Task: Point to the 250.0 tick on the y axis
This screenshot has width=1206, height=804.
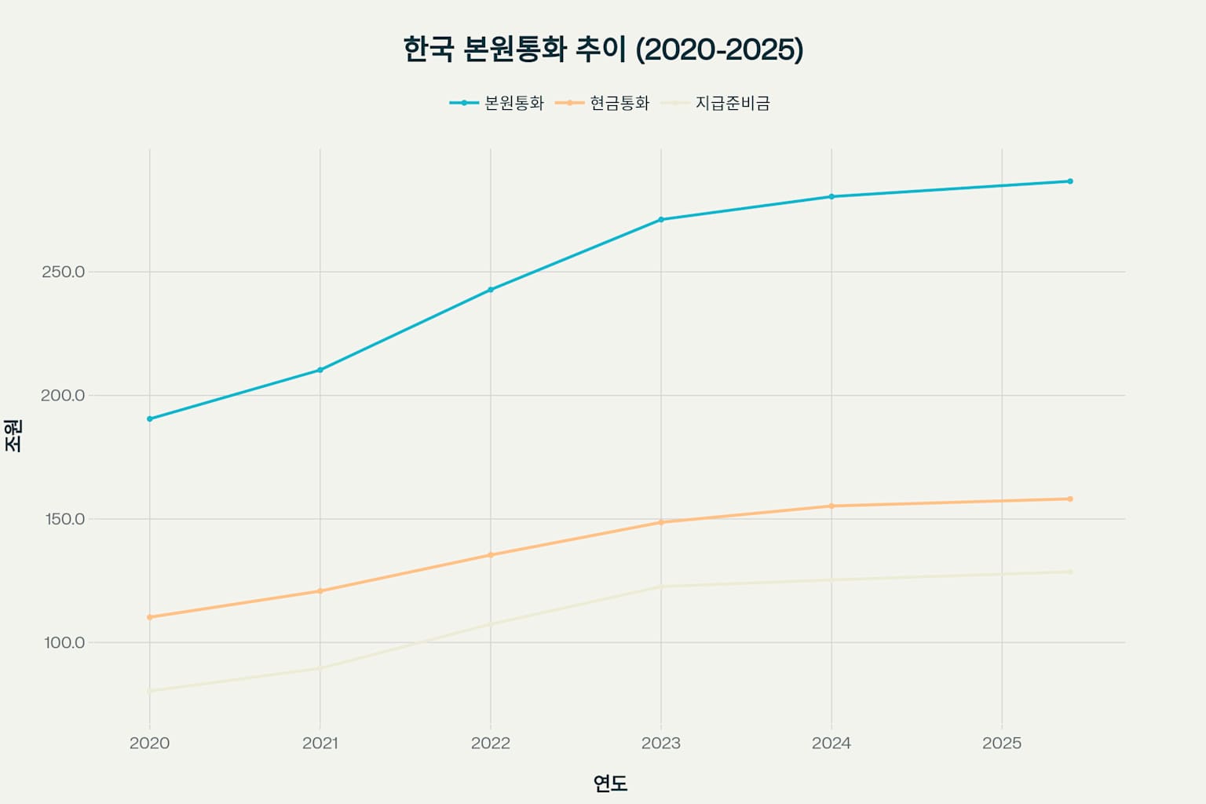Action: (63, 272)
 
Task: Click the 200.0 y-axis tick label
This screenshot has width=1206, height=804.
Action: (63, 395)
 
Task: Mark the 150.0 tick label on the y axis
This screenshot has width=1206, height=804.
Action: (63, 519)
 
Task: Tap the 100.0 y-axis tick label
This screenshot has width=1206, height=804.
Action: (64, 642)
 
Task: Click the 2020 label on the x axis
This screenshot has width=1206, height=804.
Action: (149, 743)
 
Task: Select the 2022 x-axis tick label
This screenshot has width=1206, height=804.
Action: (491, 743)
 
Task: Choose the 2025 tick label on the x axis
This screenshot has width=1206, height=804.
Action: (1002, 743)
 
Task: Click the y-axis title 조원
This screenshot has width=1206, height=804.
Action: (14, 435)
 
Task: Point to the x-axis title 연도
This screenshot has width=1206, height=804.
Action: (610, 783)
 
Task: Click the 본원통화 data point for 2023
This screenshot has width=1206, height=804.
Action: (661, 220)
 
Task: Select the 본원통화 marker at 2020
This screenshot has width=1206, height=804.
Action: (149, 418)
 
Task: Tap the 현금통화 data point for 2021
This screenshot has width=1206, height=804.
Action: (320, 591)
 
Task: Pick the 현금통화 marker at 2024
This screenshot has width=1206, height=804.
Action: (831, 506)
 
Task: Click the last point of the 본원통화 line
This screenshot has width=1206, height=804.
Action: (1070, 181)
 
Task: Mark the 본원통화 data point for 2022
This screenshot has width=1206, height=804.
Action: (491, 290)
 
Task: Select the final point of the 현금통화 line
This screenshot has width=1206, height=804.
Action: (1070, 499)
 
